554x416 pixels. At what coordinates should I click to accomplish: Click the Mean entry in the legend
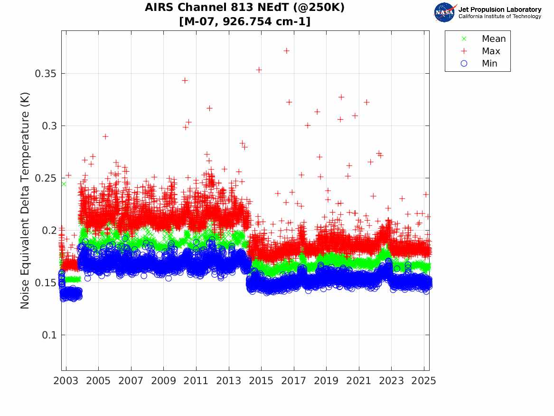coord(493,39)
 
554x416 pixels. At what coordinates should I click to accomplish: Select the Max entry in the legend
coord(491,51)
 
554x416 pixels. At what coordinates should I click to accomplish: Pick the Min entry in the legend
coord(489,63)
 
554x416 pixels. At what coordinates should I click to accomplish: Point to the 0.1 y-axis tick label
coord(48,335)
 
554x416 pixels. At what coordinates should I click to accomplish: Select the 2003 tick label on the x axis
coord(66,381)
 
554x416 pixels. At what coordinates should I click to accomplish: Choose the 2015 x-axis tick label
coord(261,381)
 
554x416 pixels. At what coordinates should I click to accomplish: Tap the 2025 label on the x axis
coord(424,381)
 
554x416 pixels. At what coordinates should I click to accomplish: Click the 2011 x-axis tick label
coord(196,381)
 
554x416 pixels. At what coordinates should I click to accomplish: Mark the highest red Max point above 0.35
coord(286,51)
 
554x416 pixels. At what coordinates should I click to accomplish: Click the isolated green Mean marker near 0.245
coord(64,184)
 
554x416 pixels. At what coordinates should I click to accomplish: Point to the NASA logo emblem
coord(445,12)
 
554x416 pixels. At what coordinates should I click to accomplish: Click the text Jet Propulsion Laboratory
coord(500,10)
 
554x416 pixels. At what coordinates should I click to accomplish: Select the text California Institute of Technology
coord(500,17)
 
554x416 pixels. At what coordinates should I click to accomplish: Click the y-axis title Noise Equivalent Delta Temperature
coord(25,201)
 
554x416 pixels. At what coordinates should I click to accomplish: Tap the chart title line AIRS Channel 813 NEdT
coord(245,8)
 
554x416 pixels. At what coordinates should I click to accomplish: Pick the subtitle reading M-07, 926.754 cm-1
coord(245,21)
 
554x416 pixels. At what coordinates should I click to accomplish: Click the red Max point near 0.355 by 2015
coord(259,70)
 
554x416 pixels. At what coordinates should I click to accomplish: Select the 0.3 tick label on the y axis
coord(48,126)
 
